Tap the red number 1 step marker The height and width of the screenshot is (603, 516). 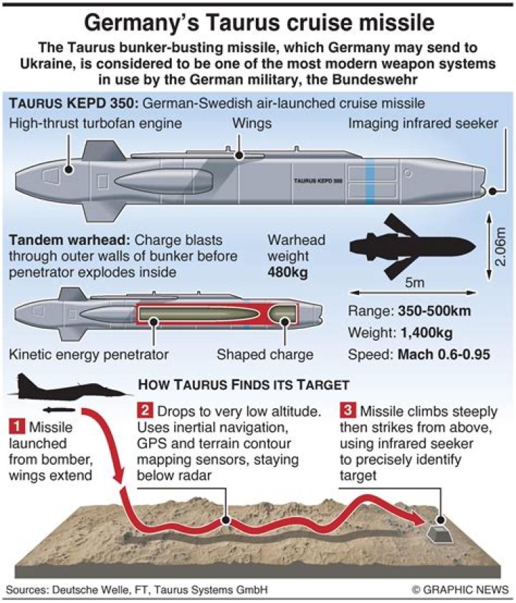click(17, 427)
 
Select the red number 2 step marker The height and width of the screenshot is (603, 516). click(145, 410)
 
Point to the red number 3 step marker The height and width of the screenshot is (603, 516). click(348, 410)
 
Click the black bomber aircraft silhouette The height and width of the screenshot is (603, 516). click(70, 387)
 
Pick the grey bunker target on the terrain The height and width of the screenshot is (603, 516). click(440, 534)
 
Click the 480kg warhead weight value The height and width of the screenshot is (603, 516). click(288, 272)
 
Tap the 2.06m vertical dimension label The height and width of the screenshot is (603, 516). click(500, 246)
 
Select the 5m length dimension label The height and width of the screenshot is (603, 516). click(414, 283)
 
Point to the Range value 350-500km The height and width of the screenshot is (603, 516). click(434, 311)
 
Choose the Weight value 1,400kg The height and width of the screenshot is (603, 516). click(426, 332)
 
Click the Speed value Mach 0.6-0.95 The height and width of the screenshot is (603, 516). click(444, 354)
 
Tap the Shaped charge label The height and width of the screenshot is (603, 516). click(265, 354)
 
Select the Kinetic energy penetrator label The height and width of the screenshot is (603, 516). click(89, 354)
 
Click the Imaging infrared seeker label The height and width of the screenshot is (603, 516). click(424, 123)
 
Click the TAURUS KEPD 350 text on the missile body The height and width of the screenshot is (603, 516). click(317, 180)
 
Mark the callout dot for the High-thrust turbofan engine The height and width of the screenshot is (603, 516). click(69, 169)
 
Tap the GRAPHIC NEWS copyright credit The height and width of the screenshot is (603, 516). click(460, 589)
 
